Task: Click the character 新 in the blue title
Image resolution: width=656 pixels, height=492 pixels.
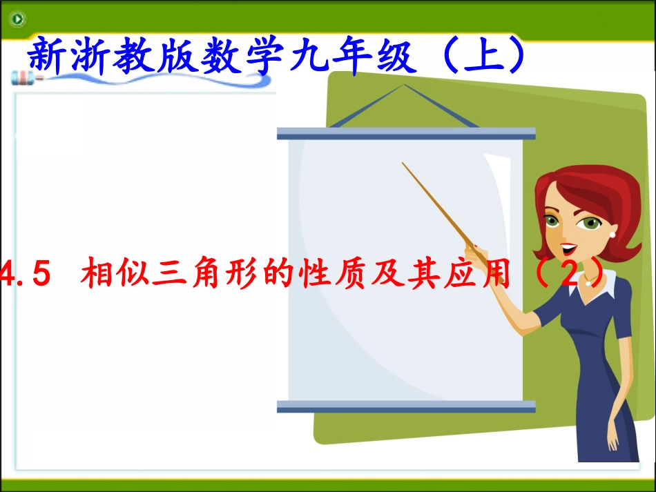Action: coord(48,57)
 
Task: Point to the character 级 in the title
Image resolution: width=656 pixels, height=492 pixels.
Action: coord(393,57)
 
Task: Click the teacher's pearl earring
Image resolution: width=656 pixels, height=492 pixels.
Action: coord(612,234)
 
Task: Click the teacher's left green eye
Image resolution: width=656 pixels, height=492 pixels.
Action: coord(550,222)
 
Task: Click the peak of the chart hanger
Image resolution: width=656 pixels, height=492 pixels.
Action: coord(404,86)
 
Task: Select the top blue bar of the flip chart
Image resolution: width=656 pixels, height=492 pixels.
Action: coord(406,132)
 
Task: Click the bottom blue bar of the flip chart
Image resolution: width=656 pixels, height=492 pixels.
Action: coord(406,406)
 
